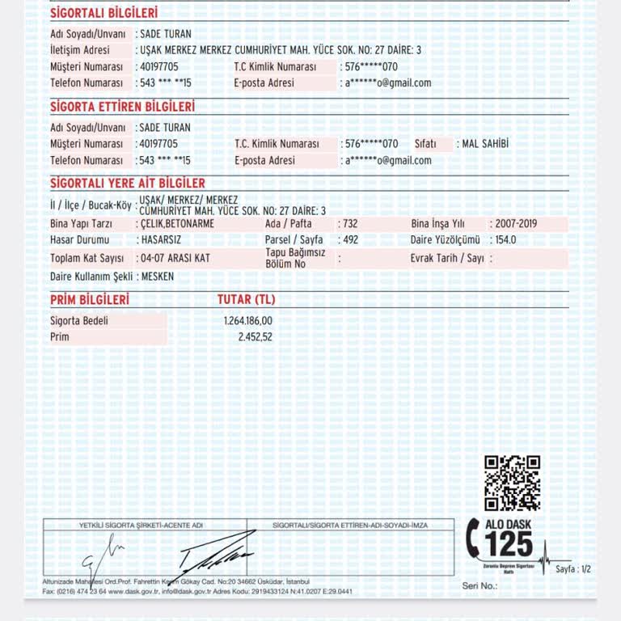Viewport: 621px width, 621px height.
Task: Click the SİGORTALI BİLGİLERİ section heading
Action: (x=104, y=13)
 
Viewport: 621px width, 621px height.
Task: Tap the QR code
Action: (x=512, y=483)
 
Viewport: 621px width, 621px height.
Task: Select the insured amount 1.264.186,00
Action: (x=248, y=321)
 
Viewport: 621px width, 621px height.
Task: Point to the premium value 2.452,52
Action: (x=255, y=337)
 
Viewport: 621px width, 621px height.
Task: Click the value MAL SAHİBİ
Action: (x=484, y=144)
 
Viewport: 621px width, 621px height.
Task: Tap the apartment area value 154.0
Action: (x=505, y=240)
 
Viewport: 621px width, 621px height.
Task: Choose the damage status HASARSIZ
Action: (x=160, y=240)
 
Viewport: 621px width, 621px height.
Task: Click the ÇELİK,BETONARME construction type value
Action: (x=177, y=224)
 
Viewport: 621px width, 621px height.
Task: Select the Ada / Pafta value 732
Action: (x=350, y=224)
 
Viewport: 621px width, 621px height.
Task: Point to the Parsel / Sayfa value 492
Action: (x=350, y=240)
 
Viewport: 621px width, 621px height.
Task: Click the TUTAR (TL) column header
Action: (x=246, y=300)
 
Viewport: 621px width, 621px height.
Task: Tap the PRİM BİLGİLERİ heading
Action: (x=90, y=300)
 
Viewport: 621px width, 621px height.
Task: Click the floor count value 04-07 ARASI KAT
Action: (x=175, y=259)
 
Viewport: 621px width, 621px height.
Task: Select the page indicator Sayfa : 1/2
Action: (x=572, y=569)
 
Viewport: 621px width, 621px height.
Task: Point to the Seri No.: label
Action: (x=479, y=585)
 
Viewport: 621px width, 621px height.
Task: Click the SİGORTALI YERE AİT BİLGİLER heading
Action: (x=128, y=184)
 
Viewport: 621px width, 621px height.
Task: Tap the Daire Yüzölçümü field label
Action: (x=445, y=240)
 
